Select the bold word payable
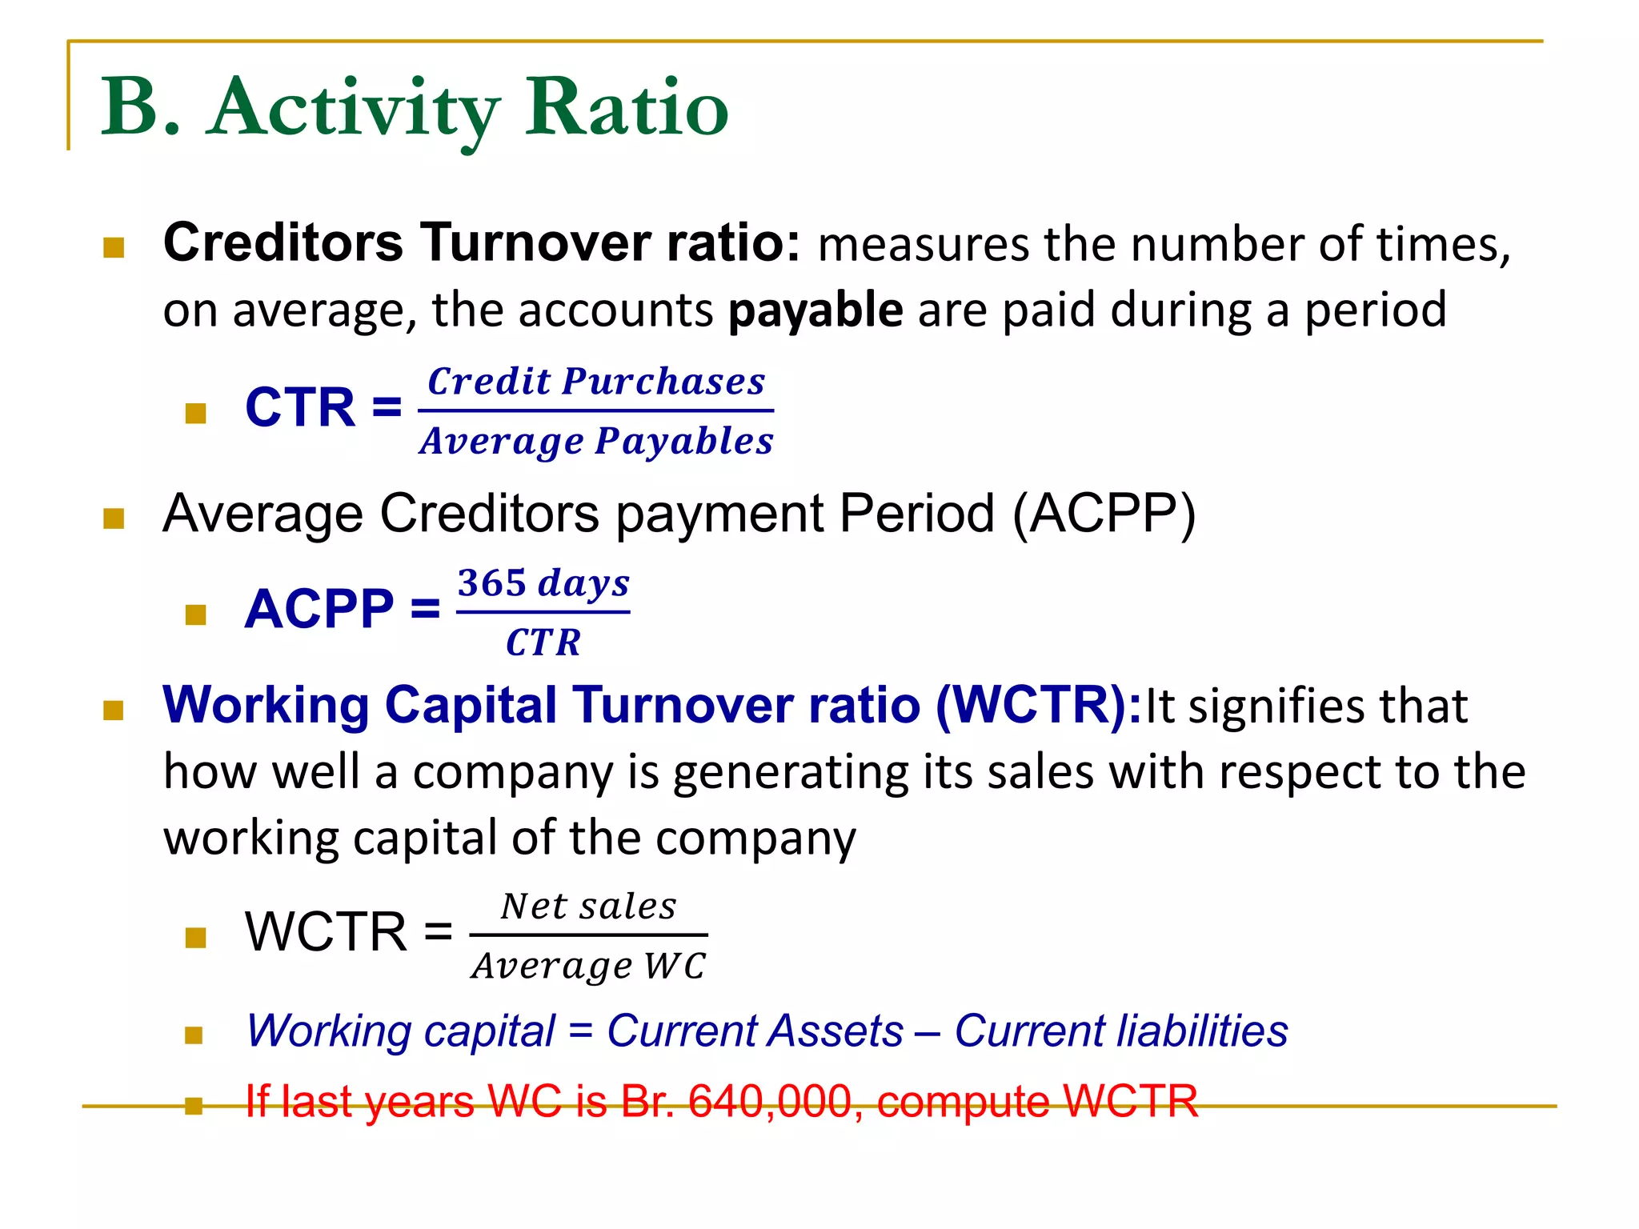(815, 310)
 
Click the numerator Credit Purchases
(596, 382)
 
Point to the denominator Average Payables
(596, 441)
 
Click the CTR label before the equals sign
(300, 407)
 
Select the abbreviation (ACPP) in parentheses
(1104, 513)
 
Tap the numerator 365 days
(543, 583)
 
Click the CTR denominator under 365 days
(543, 643)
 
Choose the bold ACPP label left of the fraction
(319, 609)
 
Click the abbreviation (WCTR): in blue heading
(1039, 705)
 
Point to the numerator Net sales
(589, 907)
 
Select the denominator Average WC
(589, 966)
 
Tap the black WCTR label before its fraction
(326, 932)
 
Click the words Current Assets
(755, 1031)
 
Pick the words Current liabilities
(1121, 1031)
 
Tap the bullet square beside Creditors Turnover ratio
(114, 247)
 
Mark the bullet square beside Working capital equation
(194, 1036)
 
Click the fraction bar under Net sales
(589, 935)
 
